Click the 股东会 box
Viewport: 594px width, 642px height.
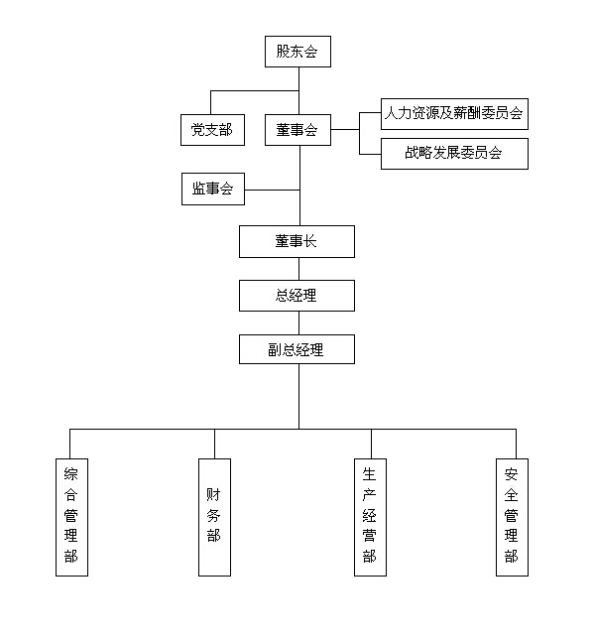tap(297, 52)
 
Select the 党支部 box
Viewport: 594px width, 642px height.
tap(213, 130)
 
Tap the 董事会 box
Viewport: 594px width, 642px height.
tap(297, 130)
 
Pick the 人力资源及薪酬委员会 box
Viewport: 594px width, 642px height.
tap(454, 114)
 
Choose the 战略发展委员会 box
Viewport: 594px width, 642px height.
tap(454, 154)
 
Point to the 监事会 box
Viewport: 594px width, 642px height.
tap(213, 189)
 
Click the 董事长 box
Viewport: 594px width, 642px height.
tap(297, 241)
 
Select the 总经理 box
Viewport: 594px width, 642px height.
tap(297, 296)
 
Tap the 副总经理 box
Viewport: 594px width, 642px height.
tap(297, 349)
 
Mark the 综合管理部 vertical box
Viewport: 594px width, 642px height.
tap(72, 518)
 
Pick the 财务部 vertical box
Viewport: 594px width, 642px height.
tap(215, 518)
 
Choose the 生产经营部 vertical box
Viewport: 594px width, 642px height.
tap(370, 518)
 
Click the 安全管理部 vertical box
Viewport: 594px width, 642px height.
tap(512, 518)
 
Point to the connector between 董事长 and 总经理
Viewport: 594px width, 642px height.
tap(299, 269)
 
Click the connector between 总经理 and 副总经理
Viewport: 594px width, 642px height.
tap(299, 323)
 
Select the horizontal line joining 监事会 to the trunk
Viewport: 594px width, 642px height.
tap(273, 190)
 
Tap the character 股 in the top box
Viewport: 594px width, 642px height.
tap(283, 52)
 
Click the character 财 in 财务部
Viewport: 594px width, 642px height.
tap(213, 494)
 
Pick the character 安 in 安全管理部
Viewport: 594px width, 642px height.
tap(512, 474)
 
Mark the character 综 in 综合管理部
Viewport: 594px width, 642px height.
tap(70, 474)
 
